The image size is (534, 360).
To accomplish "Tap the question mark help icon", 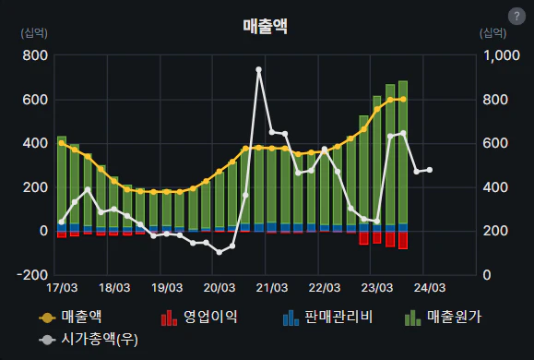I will tap(516, 16).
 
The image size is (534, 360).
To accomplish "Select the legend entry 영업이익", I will tap(200, 318).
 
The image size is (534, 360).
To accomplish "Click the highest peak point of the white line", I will tap(258, 69).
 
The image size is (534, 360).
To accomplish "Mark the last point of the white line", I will tap(429, 170).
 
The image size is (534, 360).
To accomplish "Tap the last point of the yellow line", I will tap(403, 99).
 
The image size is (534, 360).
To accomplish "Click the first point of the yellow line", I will tap(62, 143).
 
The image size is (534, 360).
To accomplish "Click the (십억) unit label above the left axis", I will tap(33, 33).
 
